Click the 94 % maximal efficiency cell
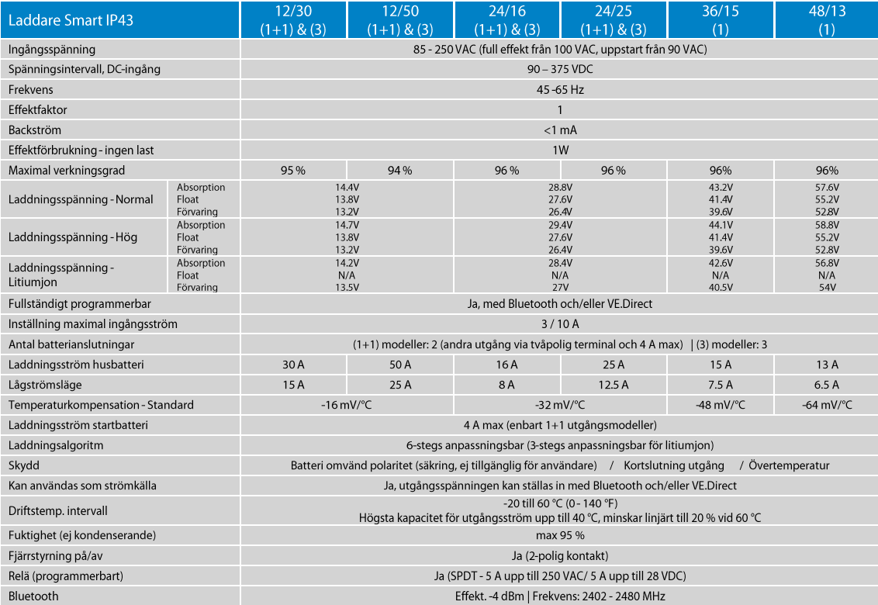click(400, 171)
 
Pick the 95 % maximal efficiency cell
click(293, 171)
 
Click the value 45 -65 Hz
click(559, 90)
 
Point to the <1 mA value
click(559, 130)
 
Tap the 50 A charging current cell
click(400, 365)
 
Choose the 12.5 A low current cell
click(614, 385)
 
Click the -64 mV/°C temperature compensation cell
click(827, 405)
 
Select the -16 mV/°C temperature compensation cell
click(347, 405)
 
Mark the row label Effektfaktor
click(38, 110)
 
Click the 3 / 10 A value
click(559, 324)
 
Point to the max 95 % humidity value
click(559, 535)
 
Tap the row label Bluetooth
click(33, 596)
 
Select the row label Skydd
click(24, 465)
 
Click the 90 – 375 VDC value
click(559, 70)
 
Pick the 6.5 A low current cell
click(827, 385)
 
